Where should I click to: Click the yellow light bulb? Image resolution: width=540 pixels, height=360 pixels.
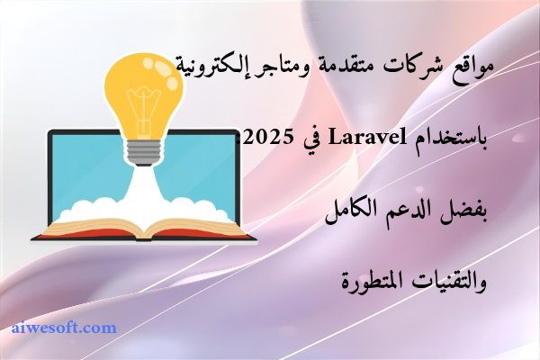click(143, 90)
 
